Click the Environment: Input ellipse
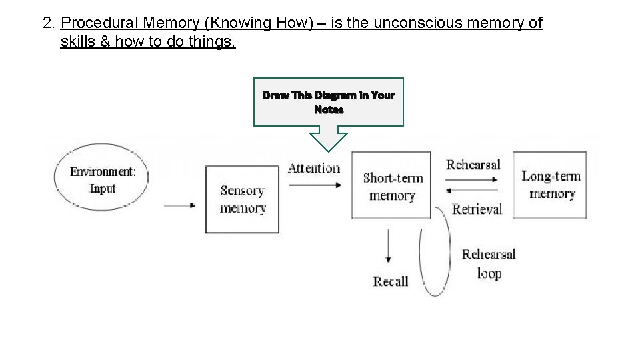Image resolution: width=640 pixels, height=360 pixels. click(x=103, y=179)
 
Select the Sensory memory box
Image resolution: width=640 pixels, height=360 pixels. click(x=243, y=199)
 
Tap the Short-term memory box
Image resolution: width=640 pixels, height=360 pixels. click(x=393, y=186)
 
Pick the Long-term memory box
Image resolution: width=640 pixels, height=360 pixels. click(x=551, y=185)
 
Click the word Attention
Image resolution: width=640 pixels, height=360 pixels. click(x=313, y=168)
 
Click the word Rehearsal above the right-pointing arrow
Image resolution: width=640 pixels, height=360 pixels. click(x=473, y=164)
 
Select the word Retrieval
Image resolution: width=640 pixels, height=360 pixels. click(x=477, y=209)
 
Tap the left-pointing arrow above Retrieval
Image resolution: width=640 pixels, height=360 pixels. click(x=475, y=191)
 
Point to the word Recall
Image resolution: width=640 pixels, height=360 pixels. click(x=390, y=281)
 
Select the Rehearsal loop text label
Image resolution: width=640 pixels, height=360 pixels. click(x=489, y=264)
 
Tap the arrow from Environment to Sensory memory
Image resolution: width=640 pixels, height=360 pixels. click(x=179, y=205)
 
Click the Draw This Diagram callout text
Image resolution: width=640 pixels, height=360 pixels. click(x=328, y=102)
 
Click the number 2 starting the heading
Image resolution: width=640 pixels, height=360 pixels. click(x=47, y=23)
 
